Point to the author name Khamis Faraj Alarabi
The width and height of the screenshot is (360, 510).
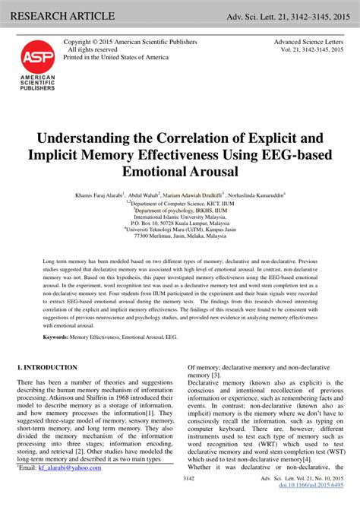tap(100, 195)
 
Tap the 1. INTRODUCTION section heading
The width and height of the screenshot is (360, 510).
tap(47, 368)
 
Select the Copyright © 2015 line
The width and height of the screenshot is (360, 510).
tap(130, 42)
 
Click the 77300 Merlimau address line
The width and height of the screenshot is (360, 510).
tap(180, 236)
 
